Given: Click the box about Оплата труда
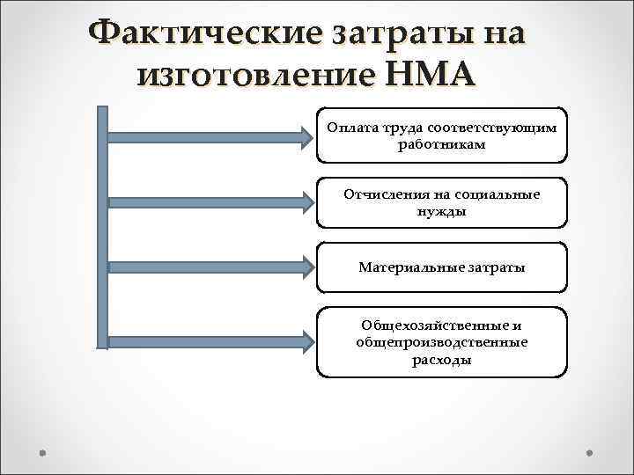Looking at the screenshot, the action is click(x=442, y=135).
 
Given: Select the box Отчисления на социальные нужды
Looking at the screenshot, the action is click(x=442, y=202).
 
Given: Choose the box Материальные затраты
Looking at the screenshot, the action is click(x=442, y=267).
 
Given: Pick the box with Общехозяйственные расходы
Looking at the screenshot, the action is click(x=442, y=341).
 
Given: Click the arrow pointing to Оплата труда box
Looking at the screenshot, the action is click(x=211, y=135).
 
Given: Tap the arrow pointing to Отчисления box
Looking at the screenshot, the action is click(x=211, y=202).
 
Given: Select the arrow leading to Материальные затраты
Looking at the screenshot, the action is click(x=211, y=267).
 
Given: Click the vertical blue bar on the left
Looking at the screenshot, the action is click(x=102, y=229).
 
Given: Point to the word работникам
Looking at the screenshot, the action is click(x=442, y=143).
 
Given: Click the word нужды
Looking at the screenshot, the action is click(x=442, y=211).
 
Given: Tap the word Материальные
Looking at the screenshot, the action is click(x=407, y=267).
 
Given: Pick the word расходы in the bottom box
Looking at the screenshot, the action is click(x=442, y=359).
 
